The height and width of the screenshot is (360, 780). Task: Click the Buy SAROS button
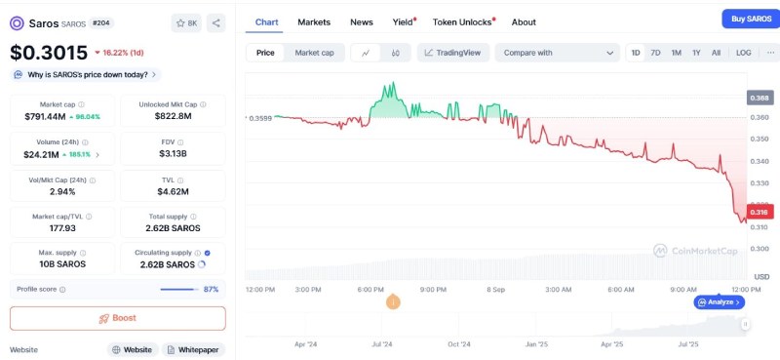(x=751, y=19)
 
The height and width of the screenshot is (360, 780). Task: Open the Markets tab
(x=314, y=22)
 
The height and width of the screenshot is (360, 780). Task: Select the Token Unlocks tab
(x=462, y=22)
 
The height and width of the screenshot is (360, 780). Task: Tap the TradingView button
(x=453, y=53)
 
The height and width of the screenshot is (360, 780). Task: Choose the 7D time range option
(x=655, y=53)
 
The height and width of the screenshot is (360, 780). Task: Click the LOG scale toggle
(x=744, y=53)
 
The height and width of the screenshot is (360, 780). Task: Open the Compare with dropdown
(x=557, y=53)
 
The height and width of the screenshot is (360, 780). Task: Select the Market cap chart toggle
(x=314, y=53)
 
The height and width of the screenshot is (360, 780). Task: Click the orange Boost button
(x=118, y=318)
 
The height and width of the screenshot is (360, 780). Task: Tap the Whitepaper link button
(x=193, y=349)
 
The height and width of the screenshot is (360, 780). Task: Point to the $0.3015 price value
(x=49, y=53)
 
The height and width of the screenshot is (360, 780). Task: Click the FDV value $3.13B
(x=173, y=153)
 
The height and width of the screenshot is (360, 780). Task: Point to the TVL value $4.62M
(x=173, y=191)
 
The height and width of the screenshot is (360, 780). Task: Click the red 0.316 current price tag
(x=760, y=212)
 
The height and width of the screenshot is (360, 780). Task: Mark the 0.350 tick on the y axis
(x=759, y=139)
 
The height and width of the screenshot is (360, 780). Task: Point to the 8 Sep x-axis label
(x=495, y=290)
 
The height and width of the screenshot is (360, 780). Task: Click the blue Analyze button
(x=720, y=302)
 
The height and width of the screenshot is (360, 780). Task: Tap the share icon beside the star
(x=215, y=22)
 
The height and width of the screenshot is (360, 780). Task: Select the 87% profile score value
(x=211, y=290)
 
